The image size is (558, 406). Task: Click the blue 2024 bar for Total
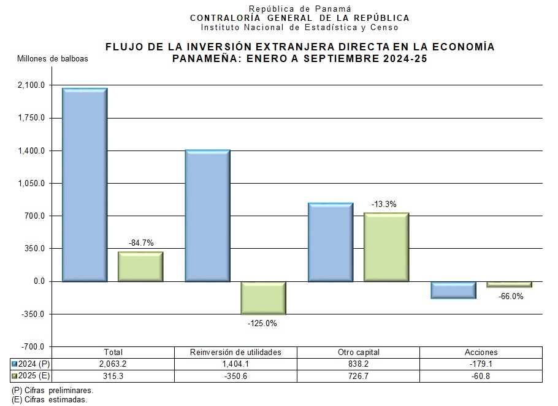85,184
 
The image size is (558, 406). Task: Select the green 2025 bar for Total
140,267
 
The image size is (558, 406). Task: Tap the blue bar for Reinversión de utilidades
207,215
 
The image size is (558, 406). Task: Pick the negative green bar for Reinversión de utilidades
263,298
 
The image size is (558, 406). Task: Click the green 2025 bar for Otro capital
386,247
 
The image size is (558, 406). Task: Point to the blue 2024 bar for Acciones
453,290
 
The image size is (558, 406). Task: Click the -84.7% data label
141,243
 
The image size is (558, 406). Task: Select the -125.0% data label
262,323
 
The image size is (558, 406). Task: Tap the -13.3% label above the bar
384,204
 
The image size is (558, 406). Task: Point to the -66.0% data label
511,296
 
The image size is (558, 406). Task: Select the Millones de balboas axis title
53,59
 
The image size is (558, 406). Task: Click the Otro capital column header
359,353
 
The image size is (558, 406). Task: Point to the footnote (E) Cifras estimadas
50,399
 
